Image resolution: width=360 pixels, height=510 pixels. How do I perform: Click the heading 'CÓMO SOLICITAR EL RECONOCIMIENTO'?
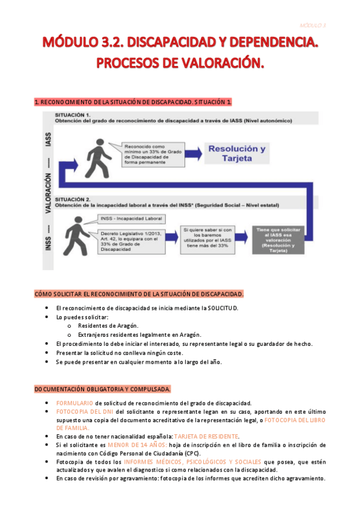(139, 293)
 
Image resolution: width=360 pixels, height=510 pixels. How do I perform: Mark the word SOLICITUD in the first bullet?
(224, 308)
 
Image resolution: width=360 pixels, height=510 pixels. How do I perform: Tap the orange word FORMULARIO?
(75, 403)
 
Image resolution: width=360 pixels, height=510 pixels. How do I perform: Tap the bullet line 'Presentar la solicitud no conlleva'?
(120, 353)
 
